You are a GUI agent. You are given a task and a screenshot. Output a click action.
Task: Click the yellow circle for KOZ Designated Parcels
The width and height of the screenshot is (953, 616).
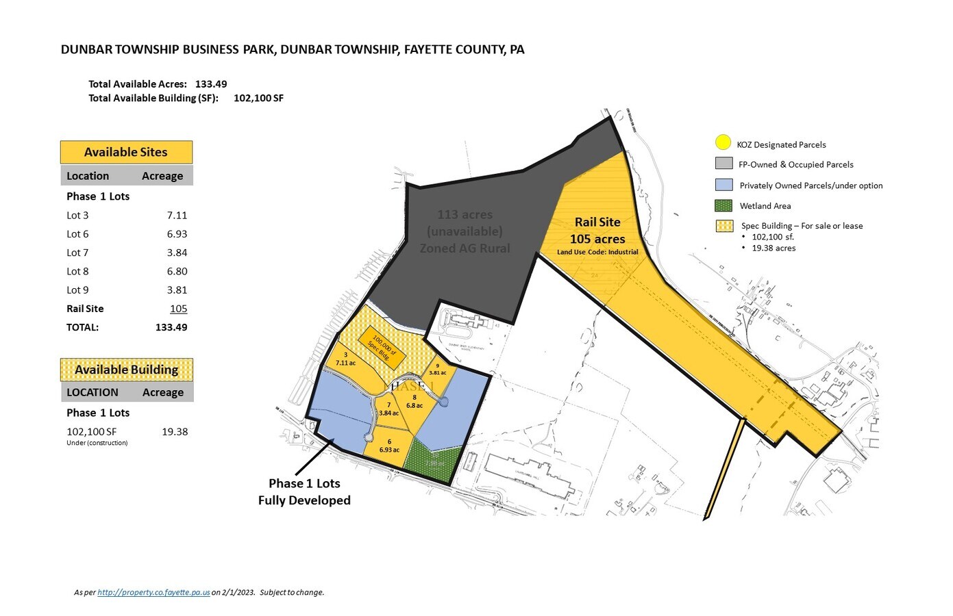click(x=723, y=143)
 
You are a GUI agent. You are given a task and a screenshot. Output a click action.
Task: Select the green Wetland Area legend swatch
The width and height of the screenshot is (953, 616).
click(x=723, y=205)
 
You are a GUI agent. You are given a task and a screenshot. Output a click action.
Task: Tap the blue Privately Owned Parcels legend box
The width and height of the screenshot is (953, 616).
click(x=723, y=185)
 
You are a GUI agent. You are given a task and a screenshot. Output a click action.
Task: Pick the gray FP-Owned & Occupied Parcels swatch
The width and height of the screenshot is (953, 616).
click(x=723, y=164)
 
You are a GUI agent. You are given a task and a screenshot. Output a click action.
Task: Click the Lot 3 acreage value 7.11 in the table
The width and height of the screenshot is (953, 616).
click(x=177, y=215)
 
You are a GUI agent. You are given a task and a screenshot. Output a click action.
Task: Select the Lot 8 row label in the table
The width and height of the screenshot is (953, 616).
click(x=77, y=271)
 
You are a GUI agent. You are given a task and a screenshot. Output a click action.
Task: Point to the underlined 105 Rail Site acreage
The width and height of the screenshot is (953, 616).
click(x=178, y=309)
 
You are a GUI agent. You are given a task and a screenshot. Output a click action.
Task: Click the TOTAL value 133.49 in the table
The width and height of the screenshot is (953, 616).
click(x=171, y=327)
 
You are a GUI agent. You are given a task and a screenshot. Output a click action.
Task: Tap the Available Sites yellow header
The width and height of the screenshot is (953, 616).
click(x=126, y=152)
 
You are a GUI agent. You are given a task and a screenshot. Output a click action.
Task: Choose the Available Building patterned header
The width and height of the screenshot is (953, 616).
click(x=126, y=370)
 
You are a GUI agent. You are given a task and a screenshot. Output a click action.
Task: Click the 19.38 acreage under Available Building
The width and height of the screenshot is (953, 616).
click(x=175, y=432)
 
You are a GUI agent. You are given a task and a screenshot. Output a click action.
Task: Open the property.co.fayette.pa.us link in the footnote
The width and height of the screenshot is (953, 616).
click(x=153, y=593)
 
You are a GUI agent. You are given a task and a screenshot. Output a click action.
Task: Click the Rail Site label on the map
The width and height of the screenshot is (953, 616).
click(x=597, y=222)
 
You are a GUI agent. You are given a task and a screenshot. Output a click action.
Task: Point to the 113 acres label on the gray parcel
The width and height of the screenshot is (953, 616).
click(x=465, y=215)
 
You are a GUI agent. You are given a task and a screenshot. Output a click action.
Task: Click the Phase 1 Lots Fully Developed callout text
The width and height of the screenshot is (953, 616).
click(x=304, y=491)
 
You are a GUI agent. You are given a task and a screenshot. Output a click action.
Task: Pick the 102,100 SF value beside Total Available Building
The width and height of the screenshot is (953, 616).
click(x=258, y=98)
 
